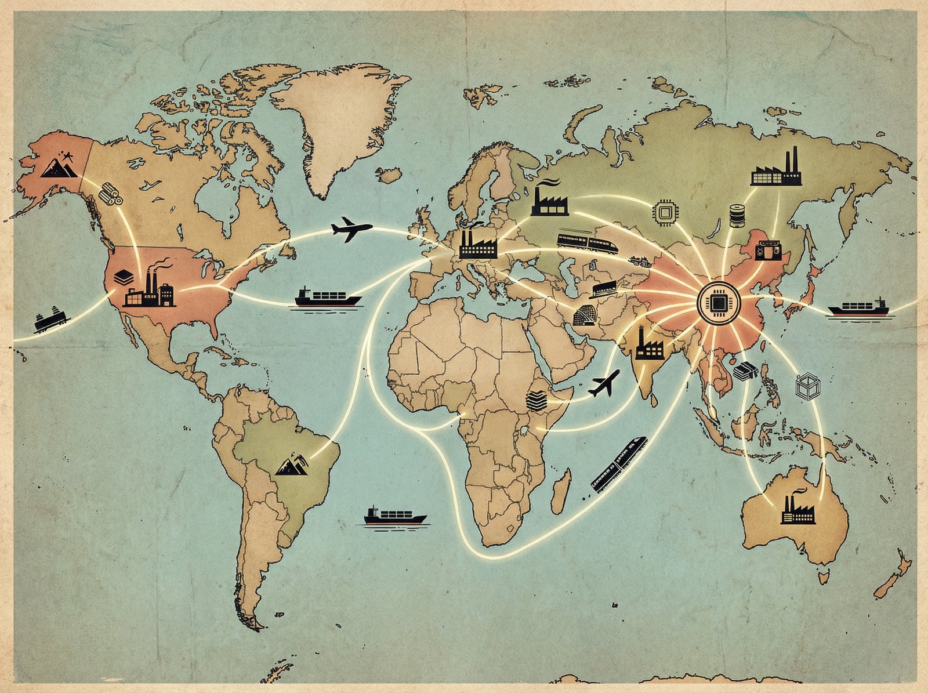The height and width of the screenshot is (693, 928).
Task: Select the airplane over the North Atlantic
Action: (351, 229)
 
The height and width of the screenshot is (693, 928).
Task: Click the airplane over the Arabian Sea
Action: (604, 384)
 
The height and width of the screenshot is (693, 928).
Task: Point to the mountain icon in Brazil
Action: (294, 465)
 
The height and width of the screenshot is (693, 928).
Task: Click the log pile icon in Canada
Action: (110, 193)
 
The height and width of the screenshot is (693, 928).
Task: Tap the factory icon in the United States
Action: (149, 290)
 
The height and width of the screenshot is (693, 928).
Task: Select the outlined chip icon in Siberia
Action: (665, 212)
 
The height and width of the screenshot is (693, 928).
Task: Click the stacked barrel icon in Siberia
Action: (738, 216)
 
